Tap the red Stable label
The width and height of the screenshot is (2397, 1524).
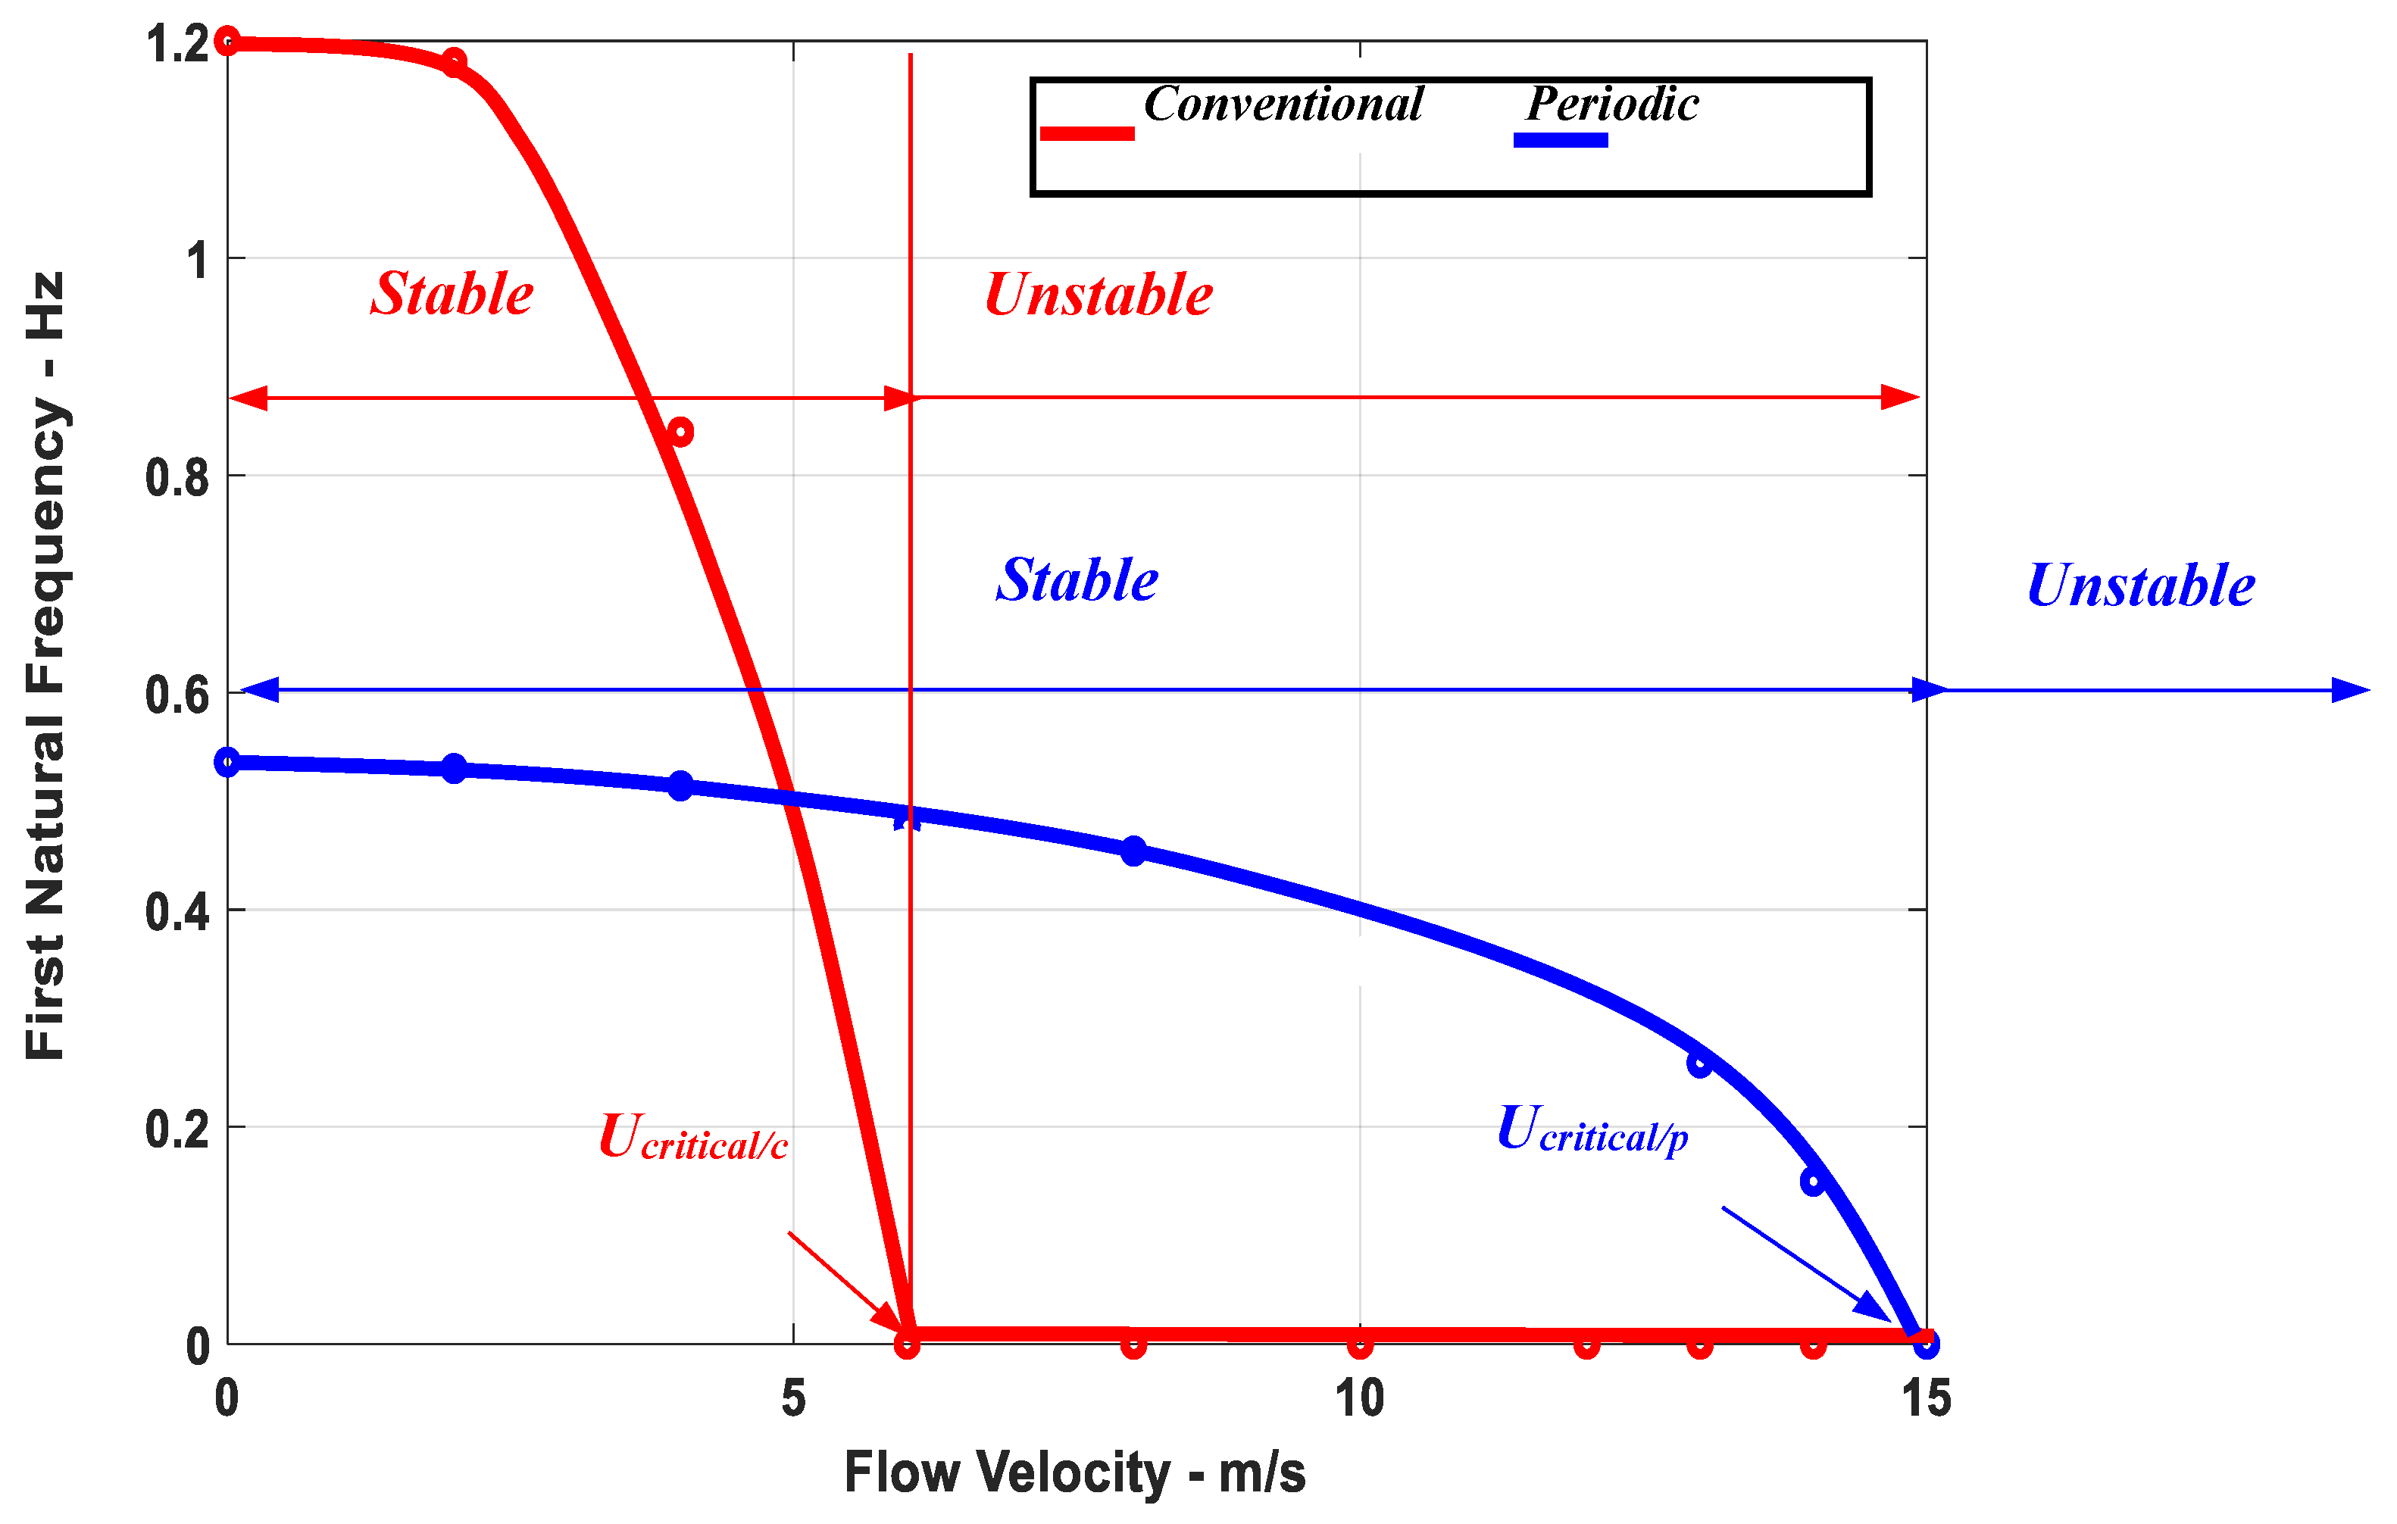pyautogui.click(x=452, y=295)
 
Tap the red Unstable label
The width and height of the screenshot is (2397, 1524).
pyautogui.click(x=1098, y=295)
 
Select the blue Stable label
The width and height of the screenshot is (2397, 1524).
pyautogui.click(x=1077, y=580)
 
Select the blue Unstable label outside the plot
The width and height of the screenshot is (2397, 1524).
pyautogui.click(x=2140, y=586)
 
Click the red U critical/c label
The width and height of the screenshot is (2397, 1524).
pyautogui.click(x=693, y=1137)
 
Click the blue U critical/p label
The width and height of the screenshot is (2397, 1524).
pyautogui.click(x=1592, y=1130)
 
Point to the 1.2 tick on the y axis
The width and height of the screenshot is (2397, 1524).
pyautogui.click(x=177, y=45)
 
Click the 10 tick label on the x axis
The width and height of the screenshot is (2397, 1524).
pyautogui.click(x=1359, y=1398)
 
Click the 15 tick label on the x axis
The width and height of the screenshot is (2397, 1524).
pyautogui.click(x=1925, y=1398)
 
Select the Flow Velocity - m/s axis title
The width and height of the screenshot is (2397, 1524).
pyautogui.click(x=1074, y=1473)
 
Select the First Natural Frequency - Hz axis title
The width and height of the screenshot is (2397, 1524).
pyautogui.click(x=45, y=665)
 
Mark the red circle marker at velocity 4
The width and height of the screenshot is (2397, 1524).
pyautogui.click(x=680, y=432)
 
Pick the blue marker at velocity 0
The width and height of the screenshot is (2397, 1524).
pyautogui.click(x=227, y=763)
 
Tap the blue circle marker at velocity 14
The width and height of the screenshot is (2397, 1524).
pyautogui.click(x=1813, y=1182)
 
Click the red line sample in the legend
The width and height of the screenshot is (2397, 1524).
pyautogui.click(x=1086, y=133)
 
